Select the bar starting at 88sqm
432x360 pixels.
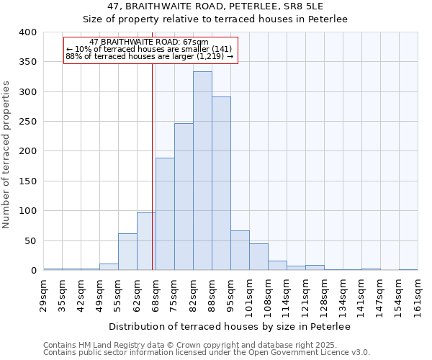click(x=221, y=184)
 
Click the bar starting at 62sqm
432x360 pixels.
click(x=146, y=241)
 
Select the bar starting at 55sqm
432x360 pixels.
click(x=127, y=252)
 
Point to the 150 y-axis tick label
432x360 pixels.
click(x=27, y=181)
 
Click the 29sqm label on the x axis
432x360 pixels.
click(x=44, y=292)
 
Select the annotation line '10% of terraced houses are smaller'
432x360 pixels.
click(x=149, y=49)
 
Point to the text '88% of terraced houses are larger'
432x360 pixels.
click(x=149, y=56)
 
